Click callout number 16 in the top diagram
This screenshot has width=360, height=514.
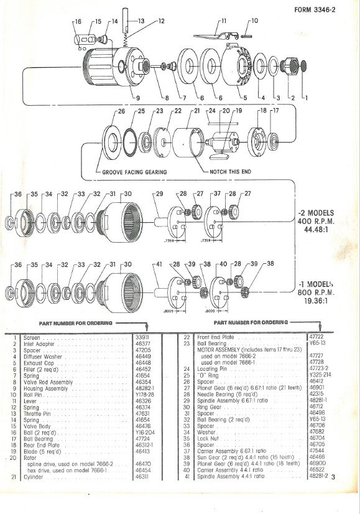78,22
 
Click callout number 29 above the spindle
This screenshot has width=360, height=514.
159,194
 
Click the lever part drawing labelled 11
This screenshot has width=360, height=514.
215,38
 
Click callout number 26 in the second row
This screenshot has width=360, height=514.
121,111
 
